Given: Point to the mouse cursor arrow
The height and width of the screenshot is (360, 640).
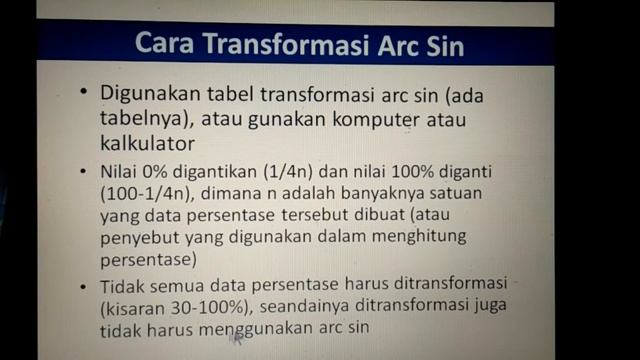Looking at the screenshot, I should click(x=236, y=338).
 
